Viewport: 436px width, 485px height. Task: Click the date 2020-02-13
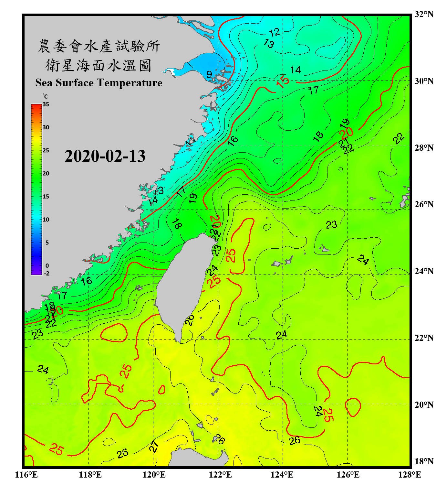pyautogui.click(x=105, y=156)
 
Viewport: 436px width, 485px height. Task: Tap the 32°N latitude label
pyautogui.click(x=424, y=15)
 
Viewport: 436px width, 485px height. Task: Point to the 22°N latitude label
pyautogui.click(x=424, y=338)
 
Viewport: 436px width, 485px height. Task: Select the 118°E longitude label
pyautogui.click(x=90, y=475)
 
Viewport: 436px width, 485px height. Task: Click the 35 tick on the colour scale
pyautogui.click(x=46, y=104)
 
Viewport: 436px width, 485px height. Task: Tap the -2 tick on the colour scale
pyautogui.click(x=47, y=274)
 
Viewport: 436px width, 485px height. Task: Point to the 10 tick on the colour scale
pyautogui.click(x=46, y=220)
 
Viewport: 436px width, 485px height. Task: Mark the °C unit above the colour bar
pyautogui.click(x=45, y=97)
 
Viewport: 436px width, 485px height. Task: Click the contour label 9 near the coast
pyautogui.click(x=209, y=74)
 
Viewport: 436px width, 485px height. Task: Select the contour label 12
pyautogui.click(x=275, y=32)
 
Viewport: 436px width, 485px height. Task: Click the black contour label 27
pyautogui.click(x=154, y=446)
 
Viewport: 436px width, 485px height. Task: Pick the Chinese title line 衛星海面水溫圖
pyautogui.click(x=98, y=65)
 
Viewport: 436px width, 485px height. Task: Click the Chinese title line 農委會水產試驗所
pyautogui.click(x=99, y=46)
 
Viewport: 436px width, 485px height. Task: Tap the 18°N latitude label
pyautogui.click(x=424, y=461)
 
